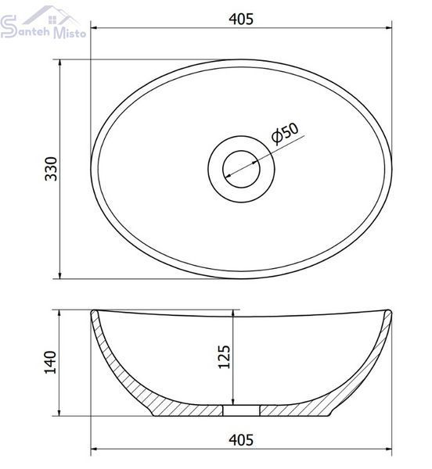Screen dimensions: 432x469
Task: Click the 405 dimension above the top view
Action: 241,19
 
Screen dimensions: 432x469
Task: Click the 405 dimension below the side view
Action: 241,440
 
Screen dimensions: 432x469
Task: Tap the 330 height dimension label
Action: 51,169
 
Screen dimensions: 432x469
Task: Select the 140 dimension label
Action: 50,362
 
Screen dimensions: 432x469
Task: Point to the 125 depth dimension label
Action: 225,357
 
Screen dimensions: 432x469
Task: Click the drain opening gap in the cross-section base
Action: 241,410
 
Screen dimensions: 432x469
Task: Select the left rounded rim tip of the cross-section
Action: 94,312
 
